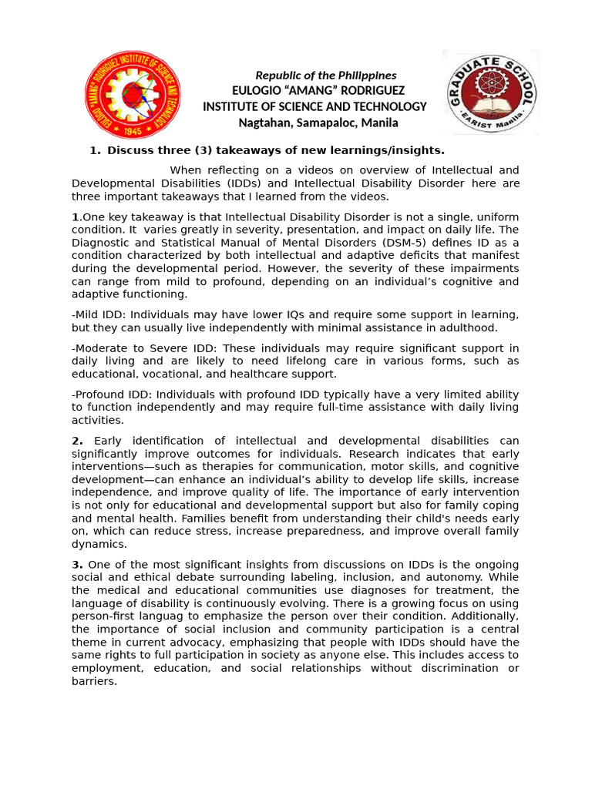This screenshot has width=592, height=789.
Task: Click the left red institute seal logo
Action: click(x=133, y=94)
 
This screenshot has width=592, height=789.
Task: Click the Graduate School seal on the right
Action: click(x=491, y=92)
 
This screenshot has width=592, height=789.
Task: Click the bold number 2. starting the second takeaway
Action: click(x=77, y=441)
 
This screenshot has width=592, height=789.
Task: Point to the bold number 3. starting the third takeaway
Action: click(x=77, y=565)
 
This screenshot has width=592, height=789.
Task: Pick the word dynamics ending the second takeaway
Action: click(x=98, y=543)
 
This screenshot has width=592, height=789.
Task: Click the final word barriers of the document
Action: click(x=93, y=681)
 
